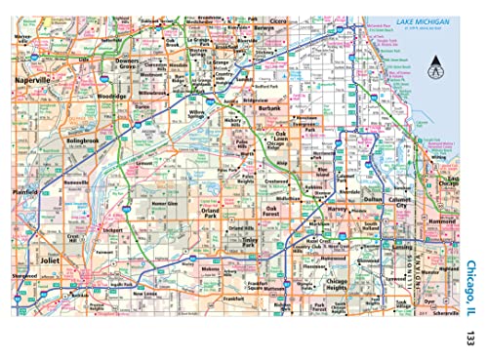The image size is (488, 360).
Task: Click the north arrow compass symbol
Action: pyautogui.click(x=436, y=67)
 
